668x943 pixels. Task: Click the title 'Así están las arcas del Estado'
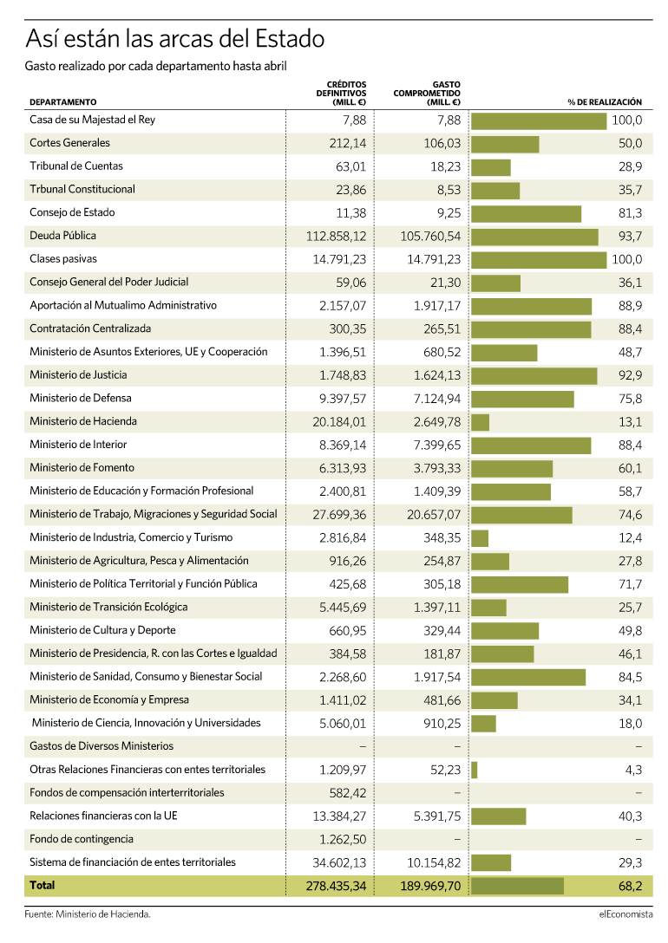[x=175, y=39]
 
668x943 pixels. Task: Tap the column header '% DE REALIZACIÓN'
[x=605, y=102]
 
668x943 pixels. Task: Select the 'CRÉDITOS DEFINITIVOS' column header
[x=341, y=94]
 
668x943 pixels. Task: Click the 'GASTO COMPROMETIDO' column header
[x=427, y=94]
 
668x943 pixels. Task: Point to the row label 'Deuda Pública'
[x=62, y=236]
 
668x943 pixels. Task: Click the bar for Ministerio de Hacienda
[x=480, y=422]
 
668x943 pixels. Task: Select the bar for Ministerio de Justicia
[x=534, y=376]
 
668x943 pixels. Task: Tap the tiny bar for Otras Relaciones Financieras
[x=475, y=771]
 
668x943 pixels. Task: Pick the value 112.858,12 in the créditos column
[x=336, y=237]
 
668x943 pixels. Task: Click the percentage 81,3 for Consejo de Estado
[x=630, y=213]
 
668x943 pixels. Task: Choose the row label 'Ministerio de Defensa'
[x=81, y=398]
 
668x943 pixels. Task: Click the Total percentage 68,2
[x=630, y=886]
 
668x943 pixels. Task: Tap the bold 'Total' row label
[x=43, y=885]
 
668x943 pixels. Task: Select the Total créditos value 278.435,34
[x=336, y=886]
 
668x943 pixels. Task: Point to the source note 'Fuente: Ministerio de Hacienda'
[x=88, y=914]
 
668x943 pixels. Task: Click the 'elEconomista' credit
[x=625, y=914]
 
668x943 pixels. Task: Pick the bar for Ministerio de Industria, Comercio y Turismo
[x=480, y=538]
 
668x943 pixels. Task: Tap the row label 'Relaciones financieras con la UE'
[x=103, y=816]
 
